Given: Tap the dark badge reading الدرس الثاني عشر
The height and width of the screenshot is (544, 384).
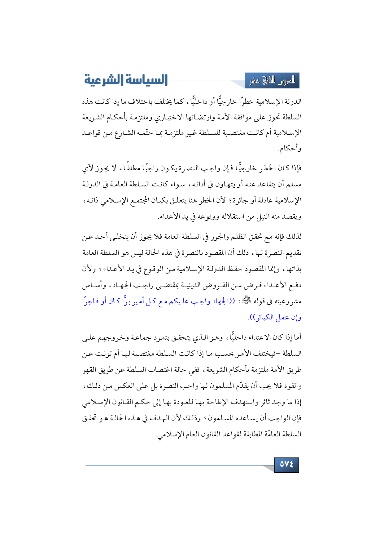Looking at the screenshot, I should [272, 81].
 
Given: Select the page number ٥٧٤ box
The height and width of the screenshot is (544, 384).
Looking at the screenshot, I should [286, 464].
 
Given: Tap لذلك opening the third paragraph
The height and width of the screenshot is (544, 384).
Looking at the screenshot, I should [295, 237].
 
